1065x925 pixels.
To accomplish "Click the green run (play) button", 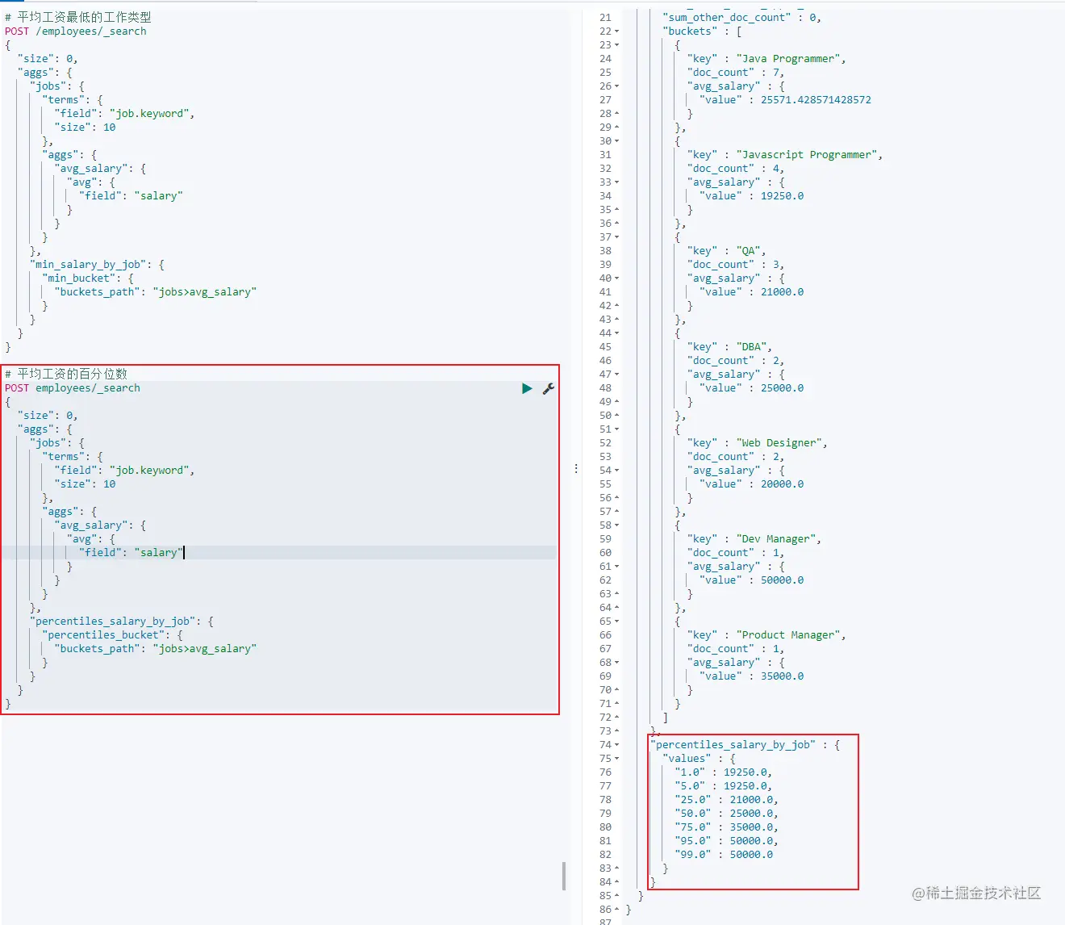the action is coord(527,388).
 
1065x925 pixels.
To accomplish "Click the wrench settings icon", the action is coord(549,388).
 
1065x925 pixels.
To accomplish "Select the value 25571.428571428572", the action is coord(816,99).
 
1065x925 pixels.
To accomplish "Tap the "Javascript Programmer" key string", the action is coord(806,155).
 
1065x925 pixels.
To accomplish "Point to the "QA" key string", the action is coord(748,250).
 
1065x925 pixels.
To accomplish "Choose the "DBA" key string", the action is coord(751,347).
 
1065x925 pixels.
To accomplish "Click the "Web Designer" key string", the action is coord(779,442).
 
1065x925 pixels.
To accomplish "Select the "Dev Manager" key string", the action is coord(775,538).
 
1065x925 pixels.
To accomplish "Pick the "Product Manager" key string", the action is coord(788,634).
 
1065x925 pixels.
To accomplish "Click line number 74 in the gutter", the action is coord(605,744).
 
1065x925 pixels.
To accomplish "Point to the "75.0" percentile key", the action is coord(692,827).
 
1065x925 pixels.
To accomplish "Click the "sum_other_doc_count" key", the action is coord(726,17).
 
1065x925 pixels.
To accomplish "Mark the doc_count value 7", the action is coord(775,72).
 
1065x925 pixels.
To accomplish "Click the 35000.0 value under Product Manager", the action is coord(782,676).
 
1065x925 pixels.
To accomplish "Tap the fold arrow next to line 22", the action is coord(617,31).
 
